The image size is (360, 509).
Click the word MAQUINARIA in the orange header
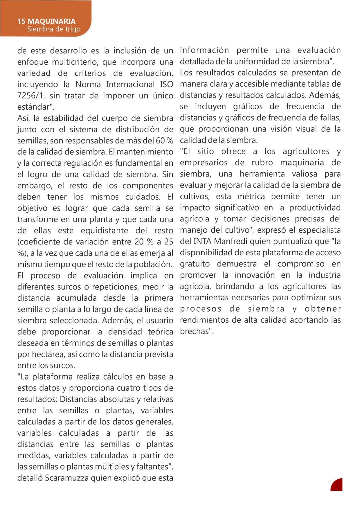52,21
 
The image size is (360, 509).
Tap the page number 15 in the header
21,21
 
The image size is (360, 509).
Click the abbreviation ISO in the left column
167,84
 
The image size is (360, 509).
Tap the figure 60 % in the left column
165,141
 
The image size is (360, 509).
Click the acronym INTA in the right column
200,241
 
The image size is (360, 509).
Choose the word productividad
315,208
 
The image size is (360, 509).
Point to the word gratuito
195,264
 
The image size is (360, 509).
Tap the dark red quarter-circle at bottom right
337,485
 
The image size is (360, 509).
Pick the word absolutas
117,399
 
